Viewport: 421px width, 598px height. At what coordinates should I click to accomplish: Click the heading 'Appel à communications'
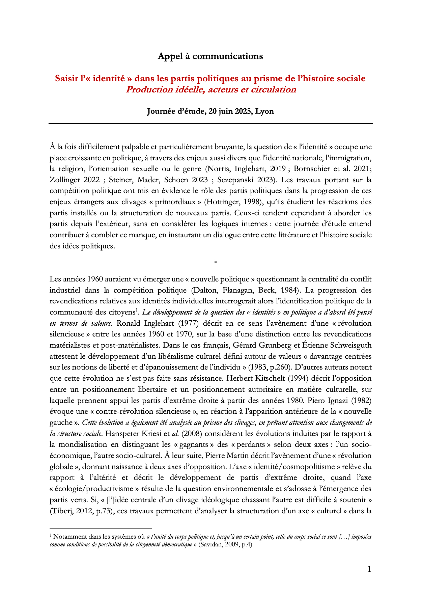click(210, 56)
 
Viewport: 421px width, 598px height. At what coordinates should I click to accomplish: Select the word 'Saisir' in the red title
click(67, 78)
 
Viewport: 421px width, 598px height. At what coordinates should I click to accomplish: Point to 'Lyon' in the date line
click(264, 111)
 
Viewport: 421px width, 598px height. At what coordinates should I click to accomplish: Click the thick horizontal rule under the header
click(210, 124)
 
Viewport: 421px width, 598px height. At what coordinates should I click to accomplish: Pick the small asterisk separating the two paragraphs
click(215, 262)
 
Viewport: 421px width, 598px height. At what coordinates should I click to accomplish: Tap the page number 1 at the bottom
click(369, 569)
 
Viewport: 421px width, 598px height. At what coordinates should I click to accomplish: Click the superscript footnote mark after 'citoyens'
click(137, 310)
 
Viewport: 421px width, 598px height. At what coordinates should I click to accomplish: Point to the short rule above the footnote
click(101, 528)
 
